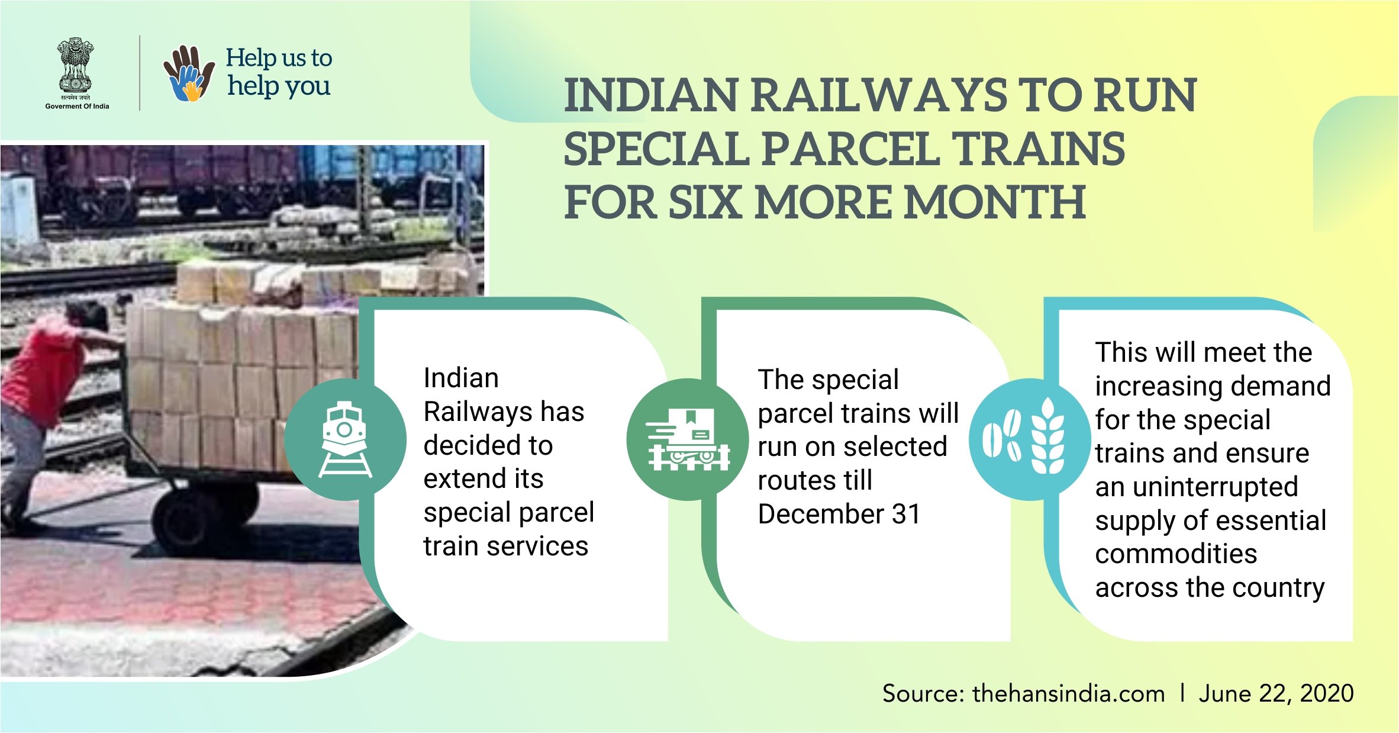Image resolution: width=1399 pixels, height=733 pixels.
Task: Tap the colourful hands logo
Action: tap(189, 73)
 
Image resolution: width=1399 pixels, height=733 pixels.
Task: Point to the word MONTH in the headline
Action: tap(995, 202)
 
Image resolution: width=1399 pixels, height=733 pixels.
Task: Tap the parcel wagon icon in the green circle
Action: tap(688, 439)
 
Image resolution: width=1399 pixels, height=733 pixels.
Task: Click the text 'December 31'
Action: tap(839, 514)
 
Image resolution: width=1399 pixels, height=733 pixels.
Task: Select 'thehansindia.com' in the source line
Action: tap(1068, 693)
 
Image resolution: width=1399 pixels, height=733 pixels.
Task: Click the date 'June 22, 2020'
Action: tap(1276, 693)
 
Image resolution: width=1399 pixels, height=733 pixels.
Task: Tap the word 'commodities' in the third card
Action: tap(1176, 554)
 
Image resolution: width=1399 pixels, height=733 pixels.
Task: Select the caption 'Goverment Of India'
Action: tap(77, 107)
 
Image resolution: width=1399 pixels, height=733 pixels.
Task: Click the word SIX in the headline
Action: tap(705, 202)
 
